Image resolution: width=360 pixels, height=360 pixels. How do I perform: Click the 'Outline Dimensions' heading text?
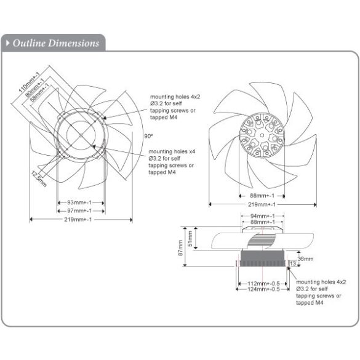(x=55, y=43)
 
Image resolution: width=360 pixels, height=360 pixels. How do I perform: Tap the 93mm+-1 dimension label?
(x=81, y=202)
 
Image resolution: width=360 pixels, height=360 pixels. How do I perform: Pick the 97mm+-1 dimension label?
(x=81, y=210)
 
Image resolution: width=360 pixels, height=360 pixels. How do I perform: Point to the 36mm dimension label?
(x=305, y=258)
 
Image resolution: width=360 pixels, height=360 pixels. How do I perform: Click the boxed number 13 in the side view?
(x=292, y=265)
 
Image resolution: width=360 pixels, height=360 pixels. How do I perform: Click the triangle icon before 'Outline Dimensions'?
(x=7, y=43)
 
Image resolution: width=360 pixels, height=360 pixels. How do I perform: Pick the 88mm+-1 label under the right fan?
(x=262, y=196)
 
